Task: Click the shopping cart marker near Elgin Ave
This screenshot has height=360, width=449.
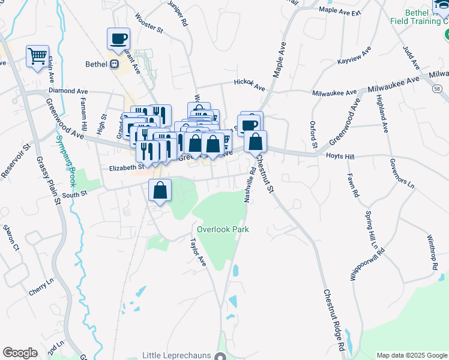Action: coord(37,56)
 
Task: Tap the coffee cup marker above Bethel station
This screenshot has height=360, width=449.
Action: coord(118,38)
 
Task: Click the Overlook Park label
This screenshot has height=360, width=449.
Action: coord(223,229)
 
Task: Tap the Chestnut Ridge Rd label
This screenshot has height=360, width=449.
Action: coord(334,320)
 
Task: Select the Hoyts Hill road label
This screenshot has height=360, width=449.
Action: coord(341,155)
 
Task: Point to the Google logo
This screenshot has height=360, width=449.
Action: coord(20,353)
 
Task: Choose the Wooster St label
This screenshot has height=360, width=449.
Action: coord(149,23)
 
